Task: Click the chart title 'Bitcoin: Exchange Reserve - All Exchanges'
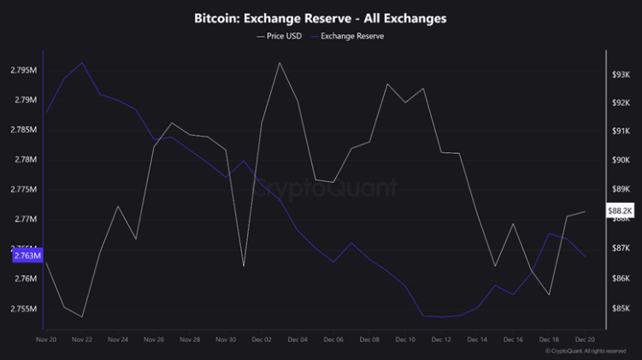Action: [321, 17]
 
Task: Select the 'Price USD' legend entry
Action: [281, 36]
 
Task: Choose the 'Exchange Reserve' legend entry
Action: [351, 36]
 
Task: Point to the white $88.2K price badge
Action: [620, 210]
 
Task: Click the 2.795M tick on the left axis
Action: [25, 70]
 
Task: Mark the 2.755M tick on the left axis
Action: [25, 309]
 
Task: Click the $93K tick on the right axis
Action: [621, 75]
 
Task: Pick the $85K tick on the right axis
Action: [621, 308]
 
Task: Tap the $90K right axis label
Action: [621, 160]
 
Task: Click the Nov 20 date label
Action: [46, 339]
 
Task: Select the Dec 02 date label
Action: [261, 339]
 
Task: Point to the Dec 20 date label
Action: [585, 339]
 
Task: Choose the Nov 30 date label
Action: [225, 339]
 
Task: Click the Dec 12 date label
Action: [441, 339]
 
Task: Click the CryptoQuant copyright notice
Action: [591, 351]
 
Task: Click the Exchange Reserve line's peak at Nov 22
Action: [82, 62]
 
